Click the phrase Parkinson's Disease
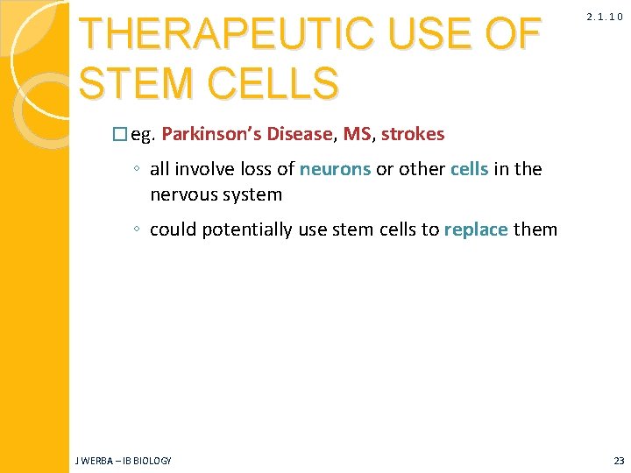(247, 134)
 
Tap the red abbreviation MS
(357, 134)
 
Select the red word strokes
(413, 134)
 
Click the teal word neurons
(335, 169)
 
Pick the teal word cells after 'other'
(469, 169)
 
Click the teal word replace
(476, 229)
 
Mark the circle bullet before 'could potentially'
(138, 230)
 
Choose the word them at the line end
(535, 229)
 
